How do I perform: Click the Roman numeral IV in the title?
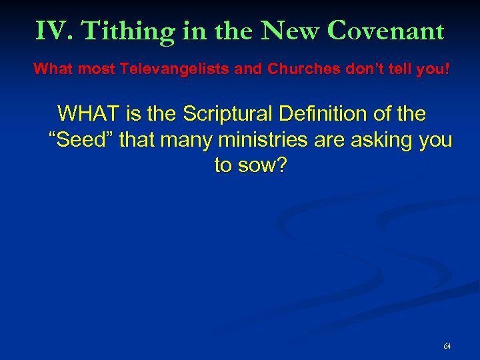[x=51, y=31]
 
